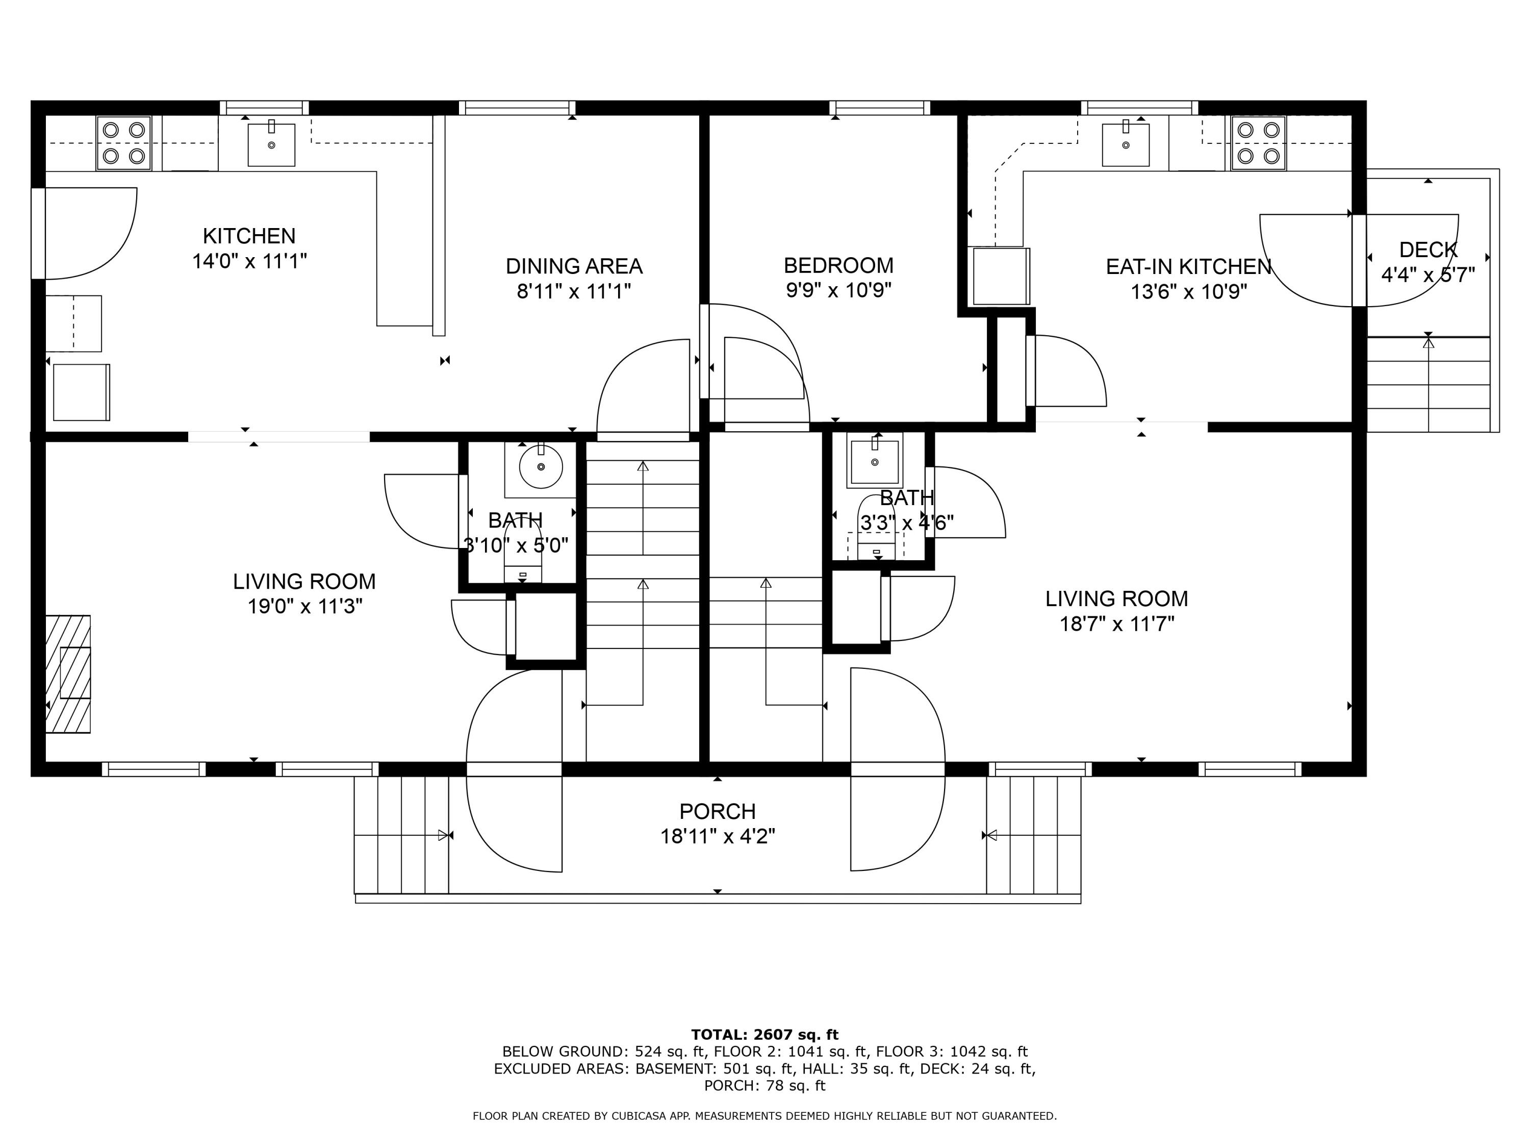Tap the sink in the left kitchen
(271, 144)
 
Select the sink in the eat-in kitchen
(1126, 144)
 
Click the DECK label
(1427, 250)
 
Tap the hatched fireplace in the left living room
(68, 673)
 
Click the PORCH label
(717, 811)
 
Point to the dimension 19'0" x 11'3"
(305, 607)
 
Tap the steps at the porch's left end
(401, 835)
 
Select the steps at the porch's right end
(1033, 835)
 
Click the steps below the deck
(1429, 384)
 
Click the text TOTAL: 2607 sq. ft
(764, 1035)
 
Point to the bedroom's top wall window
(879, 108)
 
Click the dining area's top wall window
(517, 108)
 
